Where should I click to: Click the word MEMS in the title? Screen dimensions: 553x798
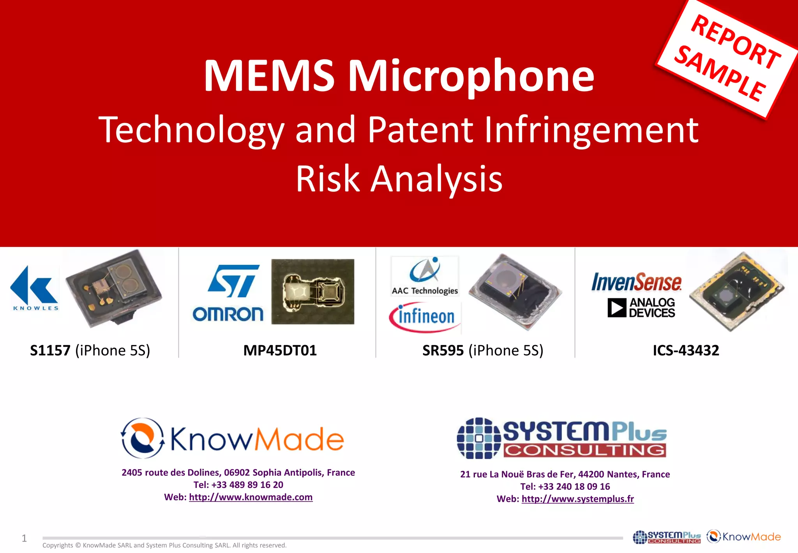point(269,76)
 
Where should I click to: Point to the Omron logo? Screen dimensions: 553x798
point(228,314)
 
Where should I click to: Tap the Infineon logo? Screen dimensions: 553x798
point(425,317)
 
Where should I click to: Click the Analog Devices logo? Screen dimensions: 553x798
point(641,308)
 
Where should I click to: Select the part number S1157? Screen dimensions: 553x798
point(50,350)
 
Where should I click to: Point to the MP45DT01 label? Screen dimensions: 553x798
point(280,350)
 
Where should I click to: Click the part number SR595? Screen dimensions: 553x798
point(443,350)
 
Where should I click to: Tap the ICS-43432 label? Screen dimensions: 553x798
point(686,350)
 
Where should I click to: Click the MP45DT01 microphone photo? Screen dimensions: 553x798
point(313,291)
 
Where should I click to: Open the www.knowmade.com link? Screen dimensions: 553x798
point(251,497)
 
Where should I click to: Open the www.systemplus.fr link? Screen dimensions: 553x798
point(577,499)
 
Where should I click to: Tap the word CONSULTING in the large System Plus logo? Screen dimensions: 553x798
point(584,450)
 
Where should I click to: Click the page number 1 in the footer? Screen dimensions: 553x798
point(24,539)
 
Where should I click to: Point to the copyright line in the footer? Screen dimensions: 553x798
point(164,545)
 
